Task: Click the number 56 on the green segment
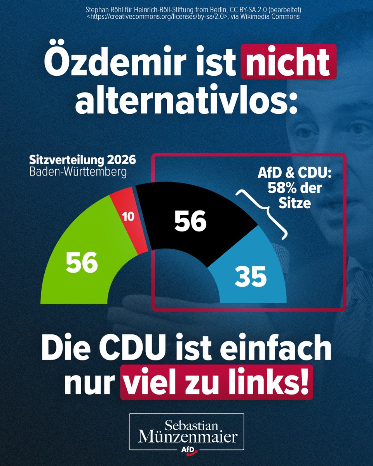tap(82, 263)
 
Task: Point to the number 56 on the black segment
tap(190, 222)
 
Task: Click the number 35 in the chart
tap(251, 277)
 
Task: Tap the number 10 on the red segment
tap(128, 217)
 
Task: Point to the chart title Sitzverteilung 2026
tap(82, 160)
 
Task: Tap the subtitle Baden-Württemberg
tap(78, 172)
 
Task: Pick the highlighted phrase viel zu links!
tap(217, 382)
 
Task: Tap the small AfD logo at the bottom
tap(186, 450)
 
